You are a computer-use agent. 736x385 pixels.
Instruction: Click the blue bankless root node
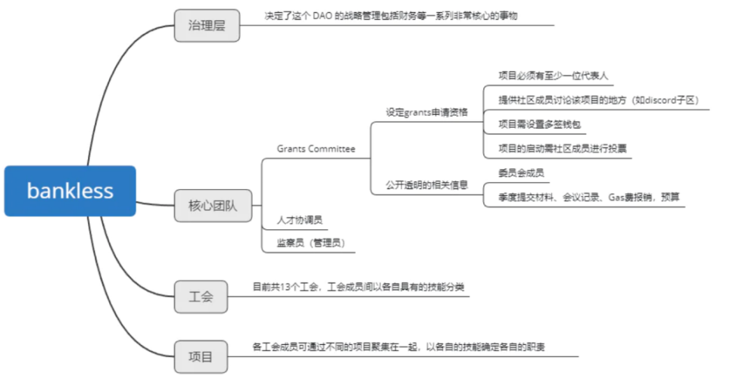(x=70, y=191)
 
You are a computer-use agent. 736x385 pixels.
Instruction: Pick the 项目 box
(x=201, y=356)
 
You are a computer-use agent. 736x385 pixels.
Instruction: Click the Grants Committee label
(x=316, y=149)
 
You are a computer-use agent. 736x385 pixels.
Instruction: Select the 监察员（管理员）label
(x=310, y=243)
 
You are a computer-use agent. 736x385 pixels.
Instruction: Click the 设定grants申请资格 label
(x=426, y=112)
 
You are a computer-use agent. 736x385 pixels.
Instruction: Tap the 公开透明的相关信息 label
(x=426, y=185)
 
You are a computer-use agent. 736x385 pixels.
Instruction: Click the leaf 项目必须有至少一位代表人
(x=553, y=76)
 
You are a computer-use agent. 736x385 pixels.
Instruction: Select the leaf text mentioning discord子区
(x=598, y=100)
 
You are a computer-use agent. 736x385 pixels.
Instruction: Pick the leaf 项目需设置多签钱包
(x=539, y=124)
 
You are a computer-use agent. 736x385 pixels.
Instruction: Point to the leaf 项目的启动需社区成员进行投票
(x=562, y=148)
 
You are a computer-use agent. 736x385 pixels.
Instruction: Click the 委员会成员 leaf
(x=521, y=172)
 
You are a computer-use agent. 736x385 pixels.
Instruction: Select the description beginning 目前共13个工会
(x=358, y=287)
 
